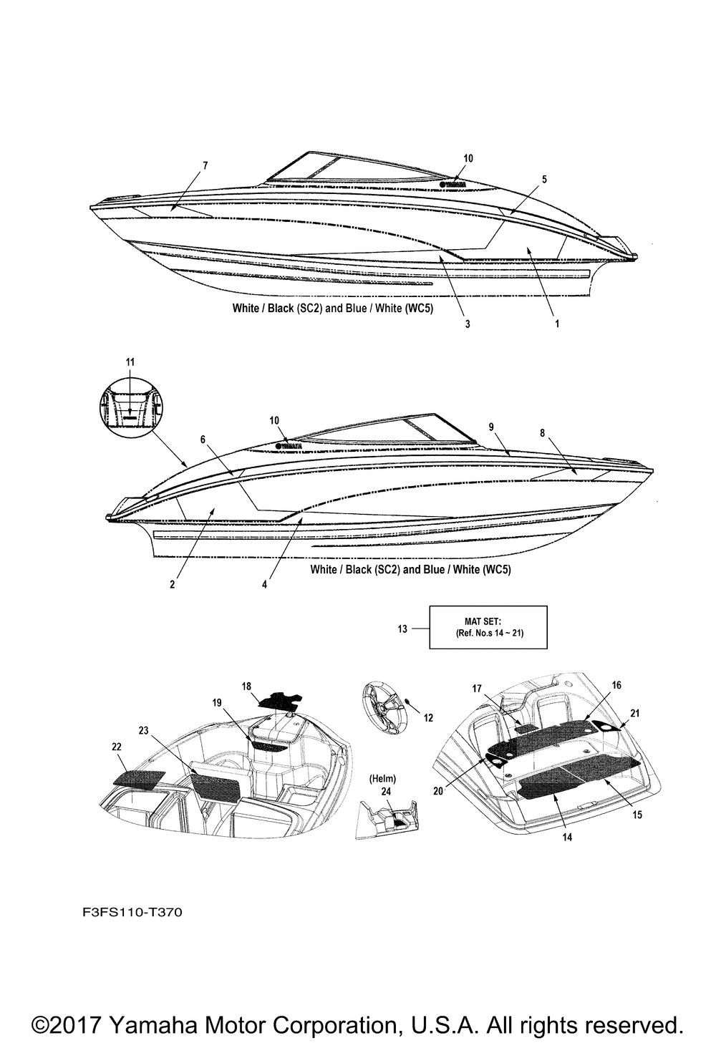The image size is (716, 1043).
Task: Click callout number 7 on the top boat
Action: pyautogui.click(x=205, y=166)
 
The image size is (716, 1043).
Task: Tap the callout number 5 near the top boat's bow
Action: pyautogui.click(x=544, y=180)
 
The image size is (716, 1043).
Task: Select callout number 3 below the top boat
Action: pyautogui.click(x=468, y=324)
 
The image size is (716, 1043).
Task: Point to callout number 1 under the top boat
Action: pyautogui.click(x=557, y=324)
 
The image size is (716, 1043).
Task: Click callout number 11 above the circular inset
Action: pyautogui.click(x=130, y=362)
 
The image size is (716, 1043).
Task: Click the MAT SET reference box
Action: pyautogui.click(x=488, y=627)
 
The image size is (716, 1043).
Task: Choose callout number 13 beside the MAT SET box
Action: pyautogui.click(x=402, y=629)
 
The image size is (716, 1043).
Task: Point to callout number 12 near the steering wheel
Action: pyautogui.click(x=428, y=718)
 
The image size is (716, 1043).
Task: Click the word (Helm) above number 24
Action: pyautogui.click(x=382, y=778)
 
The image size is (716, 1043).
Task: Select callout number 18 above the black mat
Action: pyautogui.click(x=246, y=686)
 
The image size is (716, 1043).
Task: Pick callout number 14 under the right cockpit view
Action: pyautogui.click(x=567, y=836)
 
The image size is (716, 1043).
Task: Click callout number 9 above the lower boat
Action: pyautogui.click(x=491, y=427)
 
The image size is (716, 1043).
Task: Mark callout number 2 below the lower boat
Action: pyautogui.click(x=172, y=584)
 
